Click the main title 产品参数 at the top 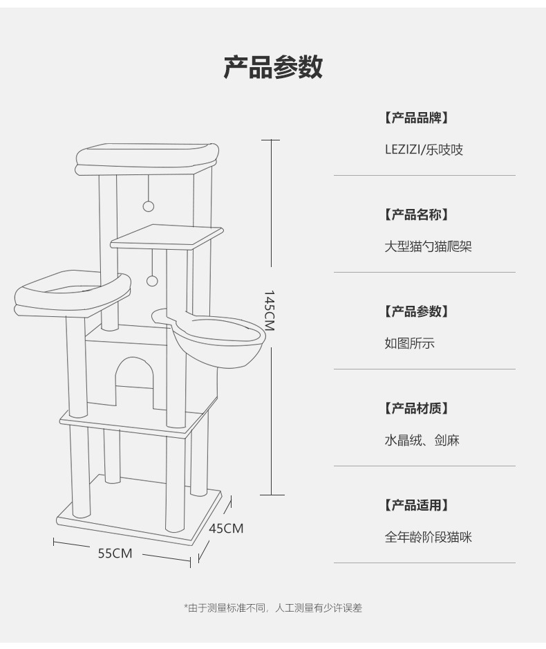tap(273, 67)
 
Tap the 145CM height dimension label tap(269, 309)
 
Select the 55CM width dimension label tap(115, 553)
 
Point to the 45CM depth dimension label tap(226, 529)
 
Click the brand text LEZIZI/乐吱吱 tap(424, 149)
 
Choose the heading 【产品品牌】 tap(417, 118)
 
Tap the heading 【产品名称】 tap(417, 214)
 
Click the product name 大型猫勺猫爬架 tap(429, 246)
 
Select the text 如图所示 tap(410, 343)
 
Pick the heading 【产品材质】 tap(417, 408)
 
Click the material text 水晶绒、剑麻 tap(422, 440)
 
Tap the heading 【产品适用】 tap(417, 505)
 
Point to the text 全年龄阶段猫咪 tap(429, 537)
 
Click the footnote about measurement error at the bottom tap(273, 608)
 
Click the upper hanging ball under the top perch tap(147, 205)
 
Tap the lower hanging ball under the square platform tap(152, 280)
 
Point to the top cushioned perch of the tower tap(147, 156)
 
